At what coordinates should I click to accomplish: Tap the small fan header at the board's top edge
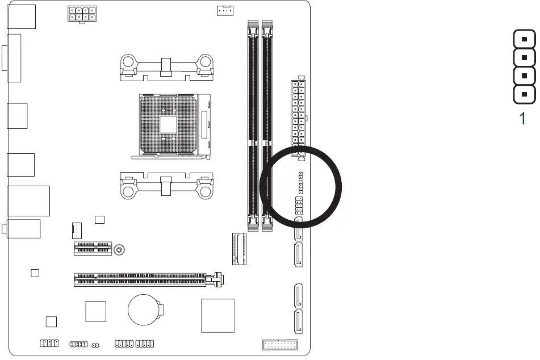pyautogui.click(x=225, y=10)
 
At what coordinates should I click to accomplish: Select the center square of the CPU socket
pyautogui.click(x=168, y=125)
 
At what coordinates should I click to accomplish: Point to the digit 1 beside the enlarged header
pyautogui.click(x=523, y=119)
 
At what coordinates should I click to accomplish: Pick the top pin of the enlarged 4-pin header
pyautogui.click(x=525, y=39)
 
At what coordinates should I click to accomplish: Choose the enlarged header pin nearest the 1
pyautogui.click(x=525, y=94)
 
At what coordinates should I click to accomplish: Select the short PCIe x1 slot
pyautogui.click(x=93, y=248)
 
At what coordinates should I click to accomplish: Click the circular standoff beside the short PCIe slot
pyautogui.click(x=119, y=249)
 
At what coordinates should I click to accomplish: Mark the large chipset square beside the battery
pyautogui.click(x=217, y=315)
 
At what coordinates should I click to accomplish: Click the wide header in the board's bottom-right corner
pyautogui.click(x=280, y=345)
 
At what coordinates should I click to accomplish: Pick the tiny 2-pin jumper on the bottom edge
pyautogui.click(x=95, y=345)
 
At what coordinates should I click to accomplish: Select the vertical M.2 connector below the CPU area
pyautogui.click(x=238, y=248)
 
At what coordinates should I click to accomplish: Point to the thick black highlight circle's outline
pyautogui.click(x=341, y=187)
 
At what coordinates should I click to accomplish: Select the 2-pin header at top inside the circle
pyautogui.click(x=300, y=175)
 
